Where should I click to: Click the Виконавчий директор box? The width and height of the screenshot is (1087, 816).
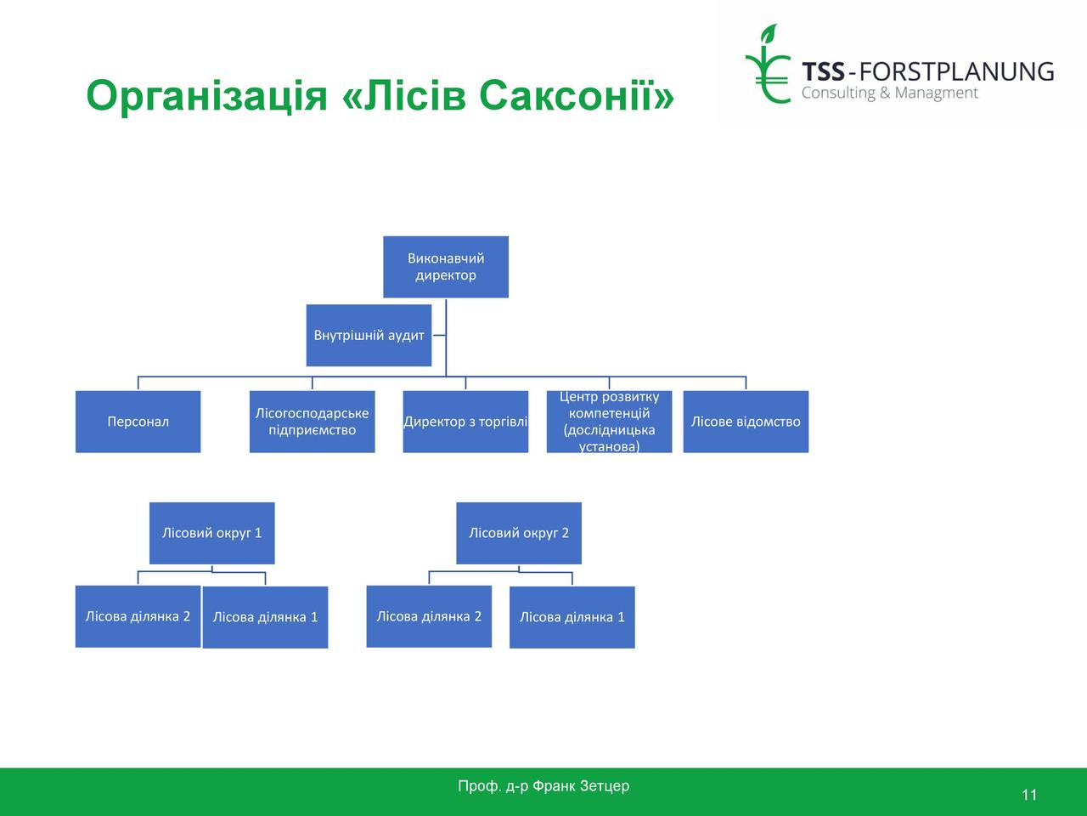pyautogui.click(x=446, y=267)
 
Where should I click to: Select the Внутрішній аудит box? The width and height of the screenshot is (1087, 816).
pyautogui.click(x=369, y=336)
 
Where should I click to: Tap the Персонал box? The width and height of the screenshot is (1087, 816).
pyautogui.click(x=138, y=422)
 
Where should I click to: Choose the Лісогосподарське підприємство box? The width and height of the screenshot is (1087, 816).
pyautogui.click(x=312, y=422)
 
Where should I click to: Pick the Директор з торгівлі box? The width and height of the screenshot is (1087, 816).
pyautogui.click(x=465, y=422)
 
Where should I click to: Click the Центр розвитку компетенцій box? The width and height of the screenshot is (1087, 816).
pyautogui.click(x=609, y=422)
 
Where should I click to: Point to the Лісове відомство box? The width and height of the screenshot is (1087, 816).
pyautogui.click(x=746, y=422)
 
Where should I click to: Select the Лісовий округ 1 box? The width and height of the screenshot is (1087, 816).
pyautogui.click(x=212, y=533)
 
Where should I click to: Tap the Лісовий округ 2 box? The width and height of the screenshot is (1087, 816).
pyautogui.click(x=519, y=533)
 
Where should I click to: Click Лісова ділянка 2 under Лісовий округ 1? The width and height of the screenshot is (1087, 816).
pyautogui.click(x=138, y=616)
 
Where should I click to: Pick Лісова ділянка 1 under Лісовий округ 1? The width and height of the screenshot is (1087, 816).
pyautogui.click(x=266, y=617)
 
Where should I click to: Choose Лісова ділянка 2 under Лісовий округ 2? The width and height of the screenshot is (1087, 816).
pyautogui.click(x=429, y=616)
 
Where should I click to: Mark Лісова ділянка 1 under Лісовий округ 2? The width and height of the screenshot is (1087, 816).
pyautogui.click(x=572, y=617)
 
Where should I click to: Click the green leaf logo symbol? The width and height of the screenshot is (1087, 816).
pyautogui.click(x=768, y=65)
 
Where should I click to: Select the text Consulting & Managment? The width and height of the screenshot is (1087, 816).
pyautogui.click(x=890, y=93)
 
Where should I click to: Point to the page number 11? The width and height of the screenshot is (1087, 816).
pyautogui.click(x=1029, y=795)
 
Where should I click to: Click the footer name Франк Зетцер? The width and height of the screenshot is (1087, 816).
pyautogui.click(x=581, y=785)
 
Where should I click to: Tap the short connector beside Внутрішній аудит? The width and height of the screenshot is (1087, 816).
pyautogui.click(x=439, y=336)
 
